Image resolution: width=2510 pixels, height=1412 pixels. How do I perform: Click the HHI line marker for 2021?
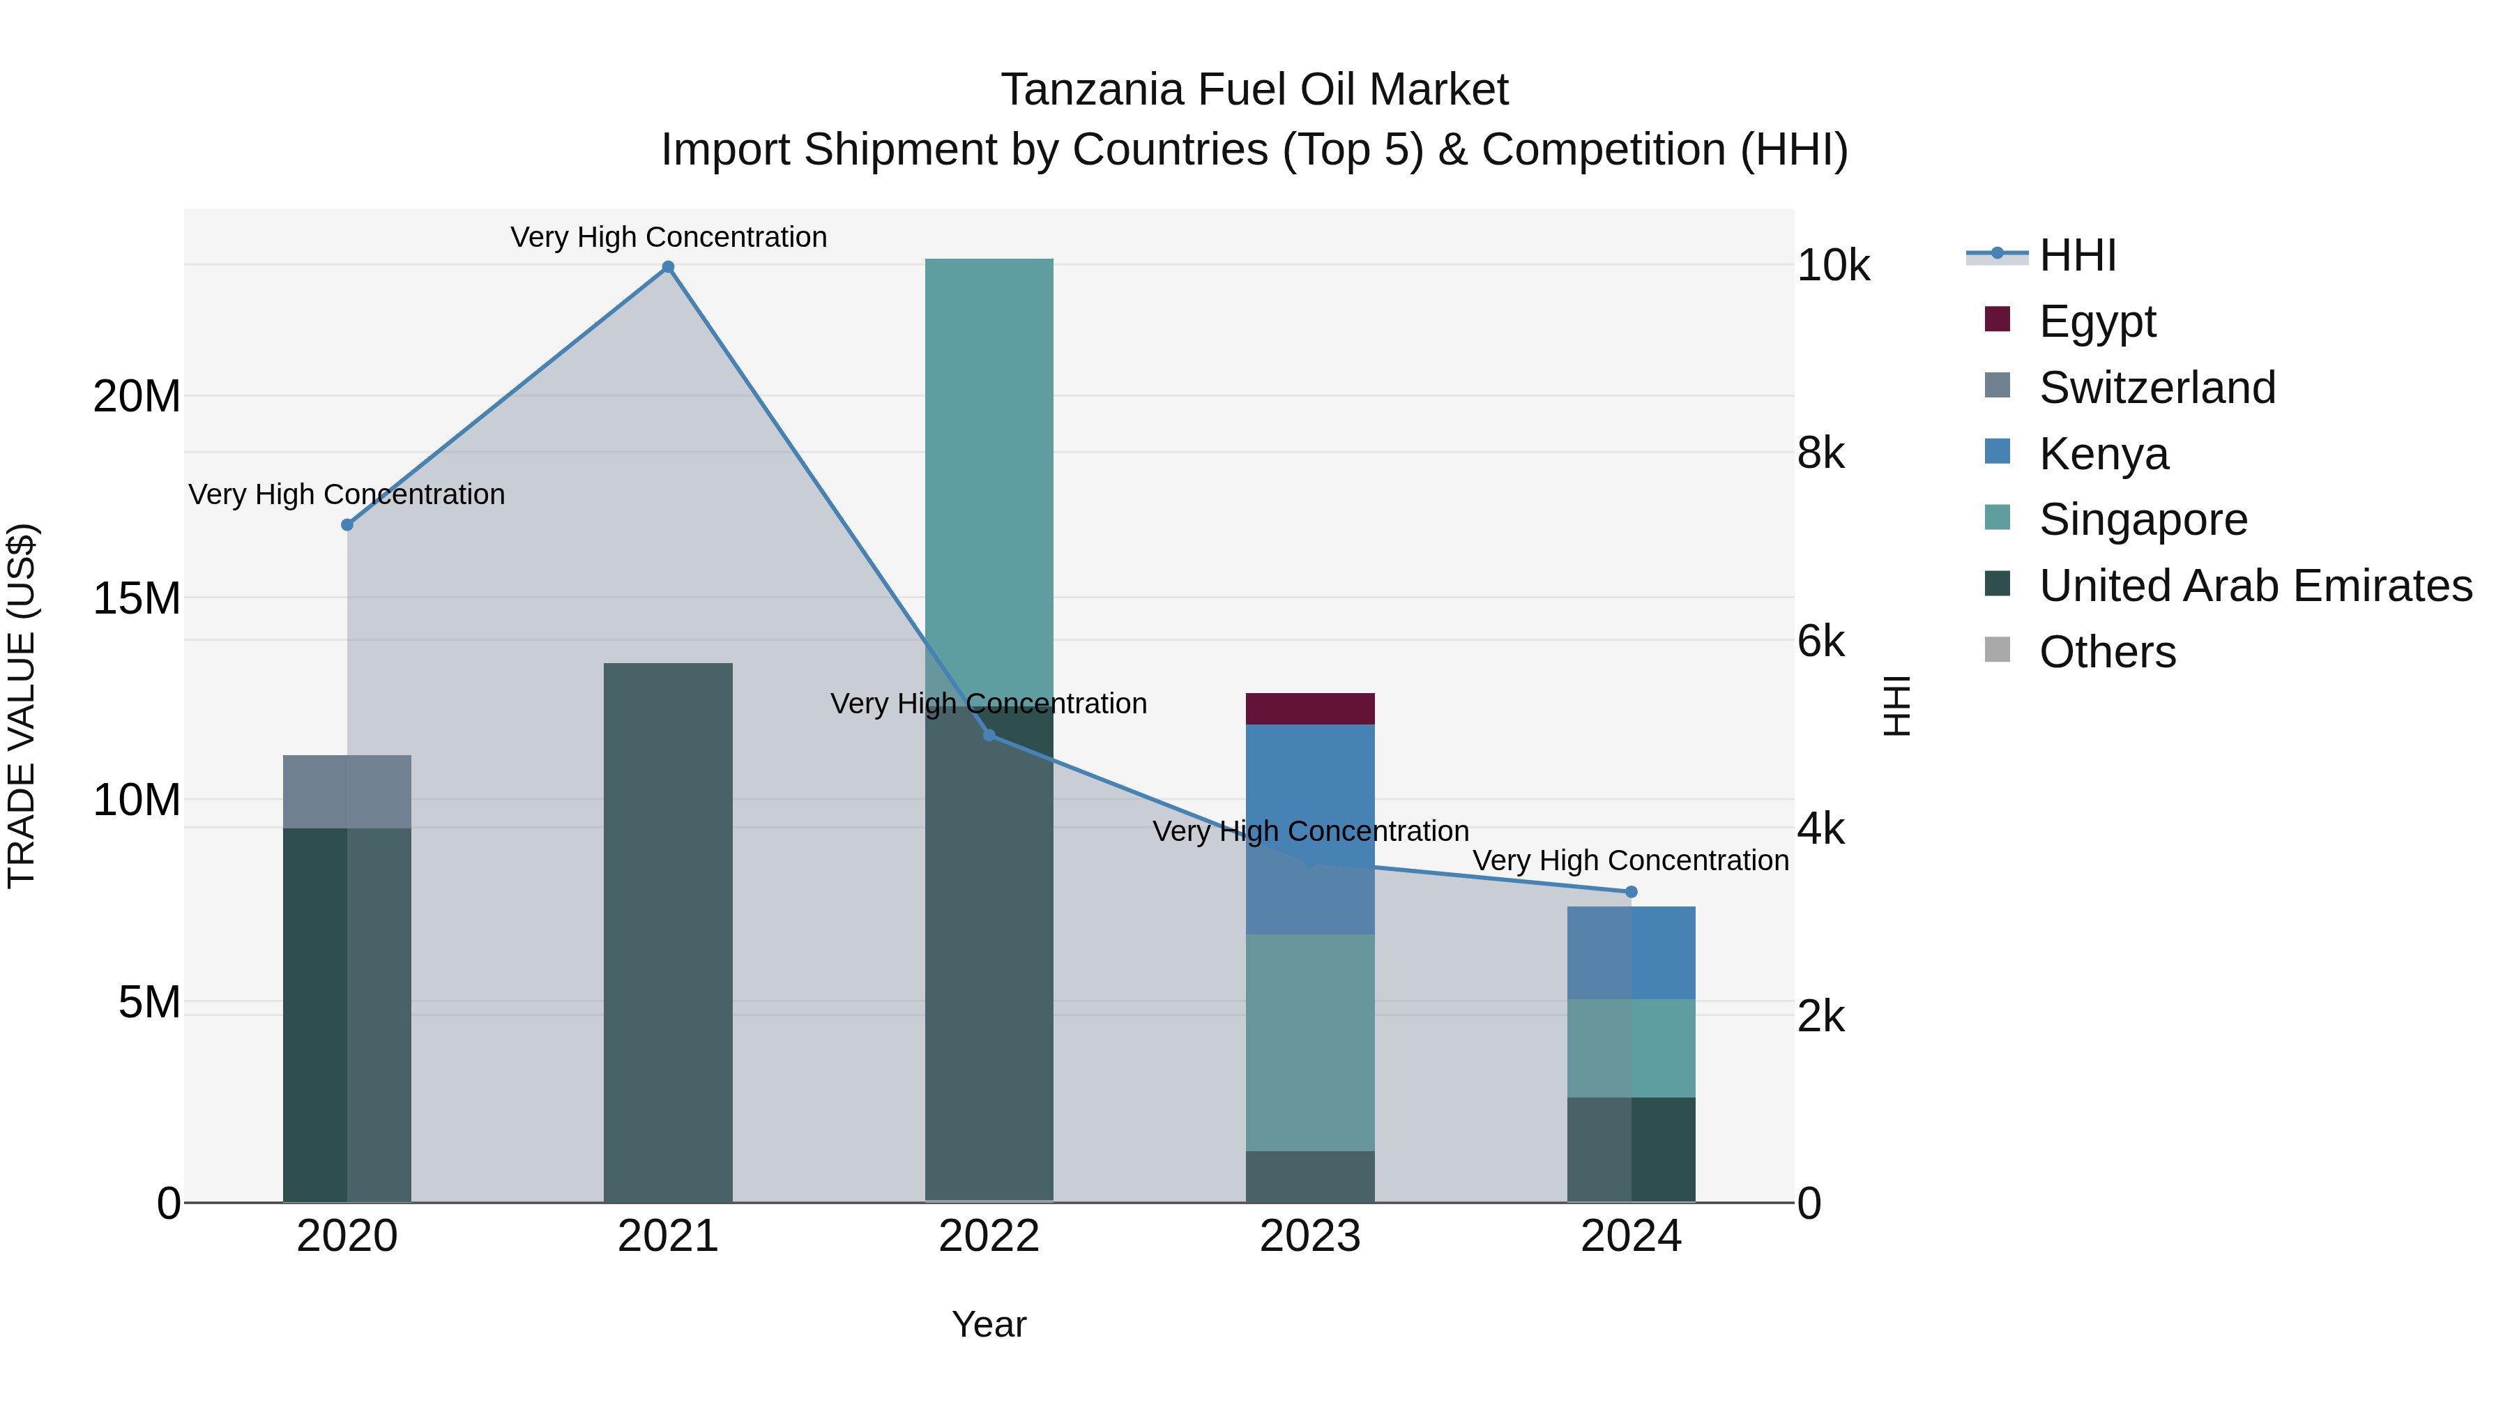tap(667, 267)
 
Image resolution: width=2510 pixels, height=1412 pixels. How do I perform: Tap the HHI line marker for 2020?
tap(347, 524)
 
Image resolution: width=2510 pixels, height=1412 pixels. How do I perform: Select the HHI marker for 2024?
tap(1631, 892)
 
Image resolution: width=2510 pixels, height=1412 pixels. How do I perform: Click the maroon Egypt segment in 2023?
tap(1309, 708)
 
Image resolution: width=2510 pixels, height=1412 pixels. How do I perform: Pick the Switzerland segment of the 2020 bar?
tap(347, 791)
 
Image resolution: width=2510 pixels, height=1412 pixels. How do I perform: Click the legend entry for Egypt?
tap(2097, 321)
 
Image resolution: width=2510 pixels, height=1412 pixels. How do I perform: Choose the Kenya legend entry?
tap(2103, 454)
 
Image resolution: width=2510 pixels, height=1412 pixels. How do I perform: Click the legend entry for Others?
tap(2106, 652)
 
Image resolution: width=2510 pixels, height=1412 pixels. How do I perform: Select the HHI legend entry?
tap(2076, 255)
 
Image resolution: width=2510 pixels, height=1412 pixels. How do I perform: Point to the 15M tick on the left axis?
tap(137, 598)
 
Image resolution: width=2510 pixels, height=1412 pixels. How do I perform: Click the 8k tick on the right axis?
tap(1820, 453)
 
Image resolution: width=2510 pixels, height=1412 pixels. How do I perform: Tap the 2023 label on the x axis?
tap(1309, 1236)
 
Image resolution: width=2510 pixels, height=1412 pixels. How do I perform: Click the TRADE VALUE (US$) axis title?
tap(22, 706)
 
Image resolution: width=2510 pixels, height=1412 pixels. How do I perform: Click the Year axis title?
tap(988, 1324)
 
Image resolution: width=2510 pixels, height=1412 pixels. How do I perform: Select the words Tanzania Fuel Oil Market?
tap(1254, 90)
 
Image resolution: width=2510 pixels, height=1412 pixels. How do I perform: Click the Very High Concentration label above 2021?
tap(669, 237)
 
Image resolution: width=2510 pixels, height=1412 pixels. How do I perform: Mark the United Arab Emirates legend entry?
tap(2255, 586)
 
